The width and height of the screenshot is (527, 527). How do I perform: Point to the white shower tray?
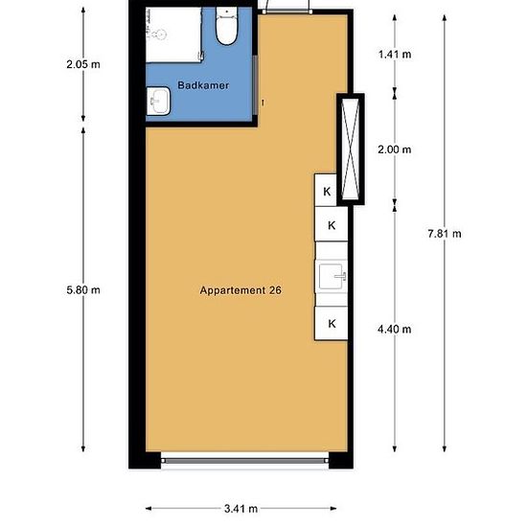(x=173, y=34)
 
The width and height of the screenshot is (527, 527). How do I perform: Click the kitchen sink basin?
(x=332, y=276)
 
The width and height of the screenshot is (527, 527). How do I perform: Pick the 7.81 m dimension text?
(x=445, y=234)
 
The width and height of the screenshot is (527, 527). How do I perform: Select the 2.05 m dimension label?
(x=83, y=64)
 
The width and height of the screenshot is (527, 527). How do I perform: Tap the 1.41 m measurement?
(x=394, y=55)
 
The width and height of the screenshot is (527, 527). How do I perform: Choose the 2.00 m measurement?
(x=394, y=149)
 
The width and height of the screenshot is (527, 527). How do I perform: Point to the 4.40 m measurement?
(x=394, y=329)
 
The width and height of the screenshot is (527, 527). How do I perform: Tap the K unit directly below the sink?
(x=332, y=323)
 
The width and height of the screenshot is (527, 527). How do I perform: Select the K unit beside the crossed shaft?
(x=327, y=192)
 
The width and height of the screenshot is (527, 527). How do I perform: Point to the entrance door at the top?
(x=286, y=8)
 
